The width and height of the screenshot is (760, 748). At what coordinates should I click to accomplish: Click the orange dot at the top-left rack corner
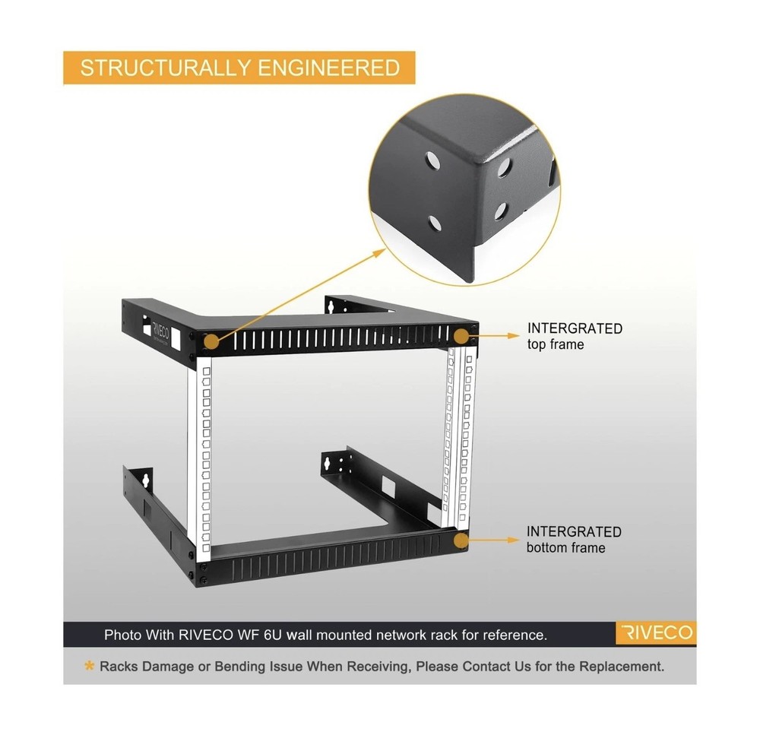tap(212, 342)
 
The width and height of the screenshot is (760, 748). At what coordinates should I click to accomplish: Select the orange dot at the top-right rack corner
tap(461, 335)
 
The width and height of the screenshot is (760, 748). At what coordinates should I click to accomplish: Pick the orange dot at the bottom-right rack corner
tap(461, 540)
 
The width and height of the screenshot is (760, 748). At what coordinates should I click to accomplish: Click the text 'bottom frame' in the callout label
tap(565, 548)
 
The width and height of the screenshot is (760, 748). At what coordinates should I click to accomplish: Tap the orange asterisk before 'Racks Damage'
tap(90, 667)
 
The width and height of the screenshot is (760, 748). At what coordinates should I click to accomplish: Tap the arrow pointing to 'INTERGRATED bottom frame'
tap(494, 540)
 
